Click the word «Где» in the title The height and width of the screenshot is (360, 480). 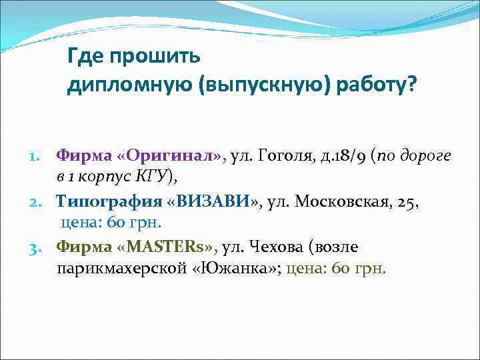pyautogui.click(x=83, y=57)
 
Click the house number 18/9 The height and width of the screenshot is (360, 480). pyautogui.click(x=352, y=155)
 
